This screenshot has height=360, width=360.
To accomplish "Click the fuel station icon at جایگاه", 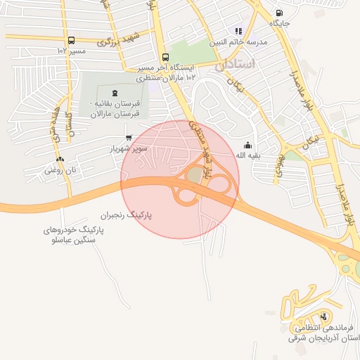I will coord(280,13).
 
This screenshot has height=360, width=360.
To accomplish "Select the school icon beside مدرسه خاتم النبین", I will coord(238,31).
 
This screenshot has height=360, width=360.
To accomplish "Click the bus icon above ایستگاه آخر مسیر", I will coord(165,58).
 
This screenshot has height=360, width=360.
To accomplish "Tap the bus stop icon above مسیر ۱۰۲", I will coord(71,41).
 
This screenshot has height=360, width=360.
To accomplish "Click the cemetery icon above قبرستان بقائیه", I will coord(115,94).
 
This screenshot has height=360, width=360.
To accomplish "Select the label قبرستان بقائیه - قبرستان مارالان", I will coord(115,108).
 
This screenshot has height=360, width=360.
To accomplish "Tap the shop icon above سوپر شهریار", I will coord(128,138).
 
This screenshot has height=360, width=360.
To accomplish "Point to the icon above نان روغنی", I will coord(60,160).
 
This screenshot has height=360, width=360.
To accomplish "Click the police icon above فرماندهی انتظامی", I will coord(323,316).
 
